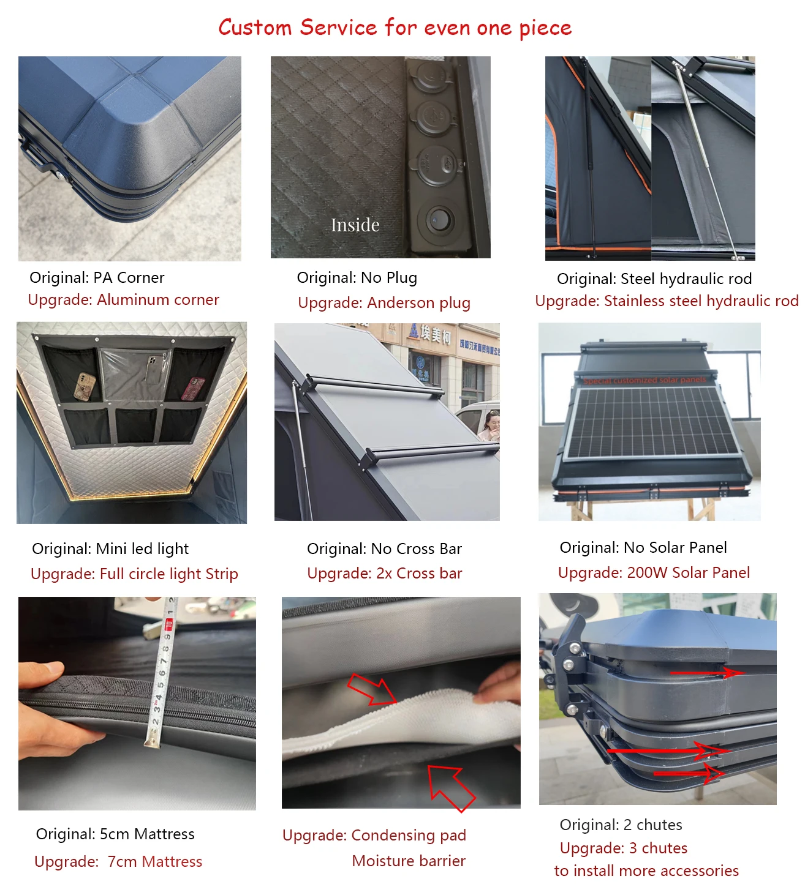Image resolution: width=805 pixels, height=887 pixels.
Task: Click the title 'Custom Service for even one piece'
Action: [395, 28]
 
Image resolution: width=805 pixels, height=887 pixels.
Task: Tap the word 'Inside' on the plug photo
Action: [355, 225]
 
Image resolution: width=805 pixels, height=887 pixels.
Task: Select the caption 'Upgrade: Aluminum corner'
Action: [123, 300]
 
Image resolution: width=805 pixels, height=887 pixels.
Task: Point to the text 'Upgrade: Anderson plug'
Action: [384, 303]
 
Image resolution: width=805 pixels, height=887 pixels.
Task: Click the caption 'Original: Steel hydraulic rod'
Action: [654, 279]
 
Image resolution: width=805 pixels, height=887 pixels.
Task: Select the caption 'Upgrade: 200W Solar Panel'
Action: [654, 573]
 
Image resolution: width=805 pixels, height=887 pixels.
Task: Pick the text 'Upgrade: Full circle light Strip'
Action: [134, 574]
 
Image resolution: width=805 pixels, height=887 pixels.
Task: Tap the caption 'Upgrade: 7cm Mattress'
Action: [118, 862]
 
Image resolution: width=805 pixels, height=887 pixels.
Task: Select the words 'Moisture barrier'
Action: [409, 861]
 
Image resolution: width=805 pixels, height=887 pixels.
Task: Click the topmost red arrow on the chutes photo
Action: [708, 673]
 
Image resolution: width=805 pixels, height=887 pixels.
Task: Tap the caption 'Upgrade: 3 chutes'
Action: [624, 848]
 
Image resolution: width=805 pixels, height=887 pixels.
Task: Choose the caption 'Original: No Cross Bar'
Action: [384, 549]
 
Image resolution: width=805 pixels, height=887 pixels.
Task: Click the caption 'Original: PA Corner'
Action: [97, 278]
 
